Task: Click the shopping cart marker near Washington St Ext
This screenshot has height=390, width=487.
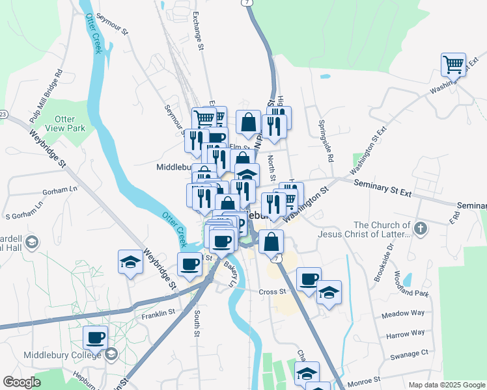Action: click(453, 65)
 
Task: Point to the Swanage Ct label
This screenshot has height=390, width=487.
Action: click(407, 353)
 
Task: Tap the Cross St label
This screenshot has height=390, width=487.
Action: click(272, 291)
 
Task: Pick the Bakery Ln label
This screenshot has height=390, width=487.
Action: click(230, 274)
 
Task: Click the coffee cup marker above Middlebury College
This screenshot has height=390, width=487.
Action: click(95, 337)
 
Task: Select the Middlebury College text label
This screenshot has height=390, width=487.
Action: click(63, 355)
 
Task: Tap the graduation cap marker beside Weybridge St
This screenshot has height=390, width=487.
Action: click(130, 262)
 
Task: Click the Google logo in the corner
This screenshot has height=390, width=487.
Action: click(21, 382)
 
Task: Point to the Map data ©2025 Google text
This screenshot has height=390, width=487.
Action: click(446, 385)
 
